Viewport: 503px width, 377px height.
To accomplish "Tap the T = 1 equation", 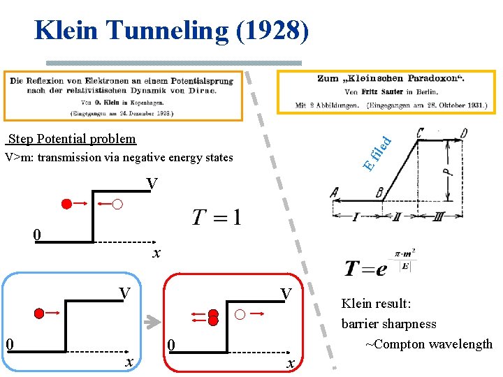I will tap(217, 218).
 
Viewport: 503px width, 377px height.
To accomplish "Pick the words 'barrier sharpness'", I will tap(388, 324).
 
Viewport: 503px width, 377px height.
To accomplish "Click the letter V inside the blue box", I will tap(124, 293).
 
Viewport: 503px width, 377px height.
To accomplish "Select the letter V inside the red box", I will tap(285, 294).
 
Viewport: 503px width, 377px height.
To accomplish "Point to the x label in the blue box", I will tap(128, 361).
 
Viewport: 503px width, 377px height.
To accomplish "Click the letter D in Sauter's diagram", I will tap(463, 133).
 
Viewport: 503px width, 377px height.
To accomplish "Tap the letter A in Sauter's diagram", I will tap(336, 193).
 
